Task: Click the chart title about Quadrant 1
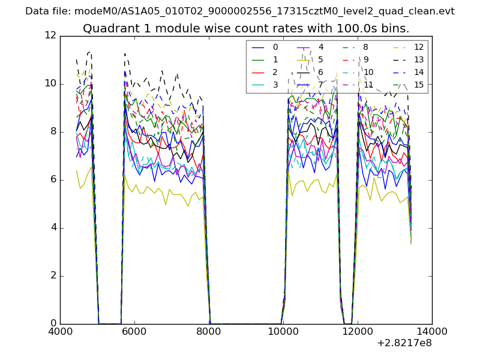pyautogui.click(x=246, y=28)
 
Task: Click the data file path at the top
pyautogui.click(x=240, y=11)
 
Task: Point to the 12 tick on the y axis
pyautogui.click(x=51, y=36)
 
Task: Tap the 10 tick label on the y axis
pyautogui.click(x=51, y=84)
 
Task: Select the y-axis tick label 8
pyautogui.click(x=53, y=132)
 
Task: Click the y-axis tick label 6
pyautogui.click(x=53, y=180)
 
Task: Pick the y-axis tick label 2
pyautogui.click(x=53, y=276)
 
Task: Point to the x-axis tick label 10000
pyautogui.click(x=283, y=331)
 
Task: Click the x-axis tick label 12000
pyautogui.click(x=358, y=331)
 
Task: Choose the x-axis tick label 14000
pyautogui.click(x=432, y=331)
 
